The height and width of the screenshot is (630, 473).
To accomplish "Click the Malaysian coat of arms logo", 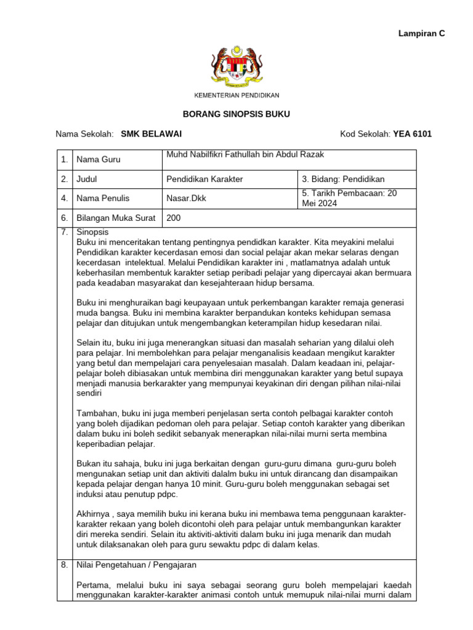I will point(236,67).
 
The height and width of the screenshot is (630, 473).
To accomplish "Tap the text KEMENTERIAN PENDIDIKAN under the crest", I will point(236,95).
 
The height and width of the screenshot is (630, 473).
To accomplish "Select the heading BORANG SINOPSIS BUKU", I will point(236,114).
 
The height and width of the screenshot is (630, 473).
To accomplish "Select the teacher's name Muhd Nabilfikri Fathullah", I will point(245,154).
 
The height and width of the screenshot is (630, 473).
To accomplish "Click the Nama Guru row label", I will point(99,160).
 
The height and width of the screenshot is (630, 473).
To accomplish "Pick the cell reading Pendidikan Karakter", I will point(205,179).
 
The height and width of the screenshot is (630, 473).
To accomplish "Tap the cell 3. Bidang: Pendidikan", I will point(343,179).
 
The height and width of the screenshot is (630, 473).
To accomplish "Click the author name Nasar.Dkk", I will point(188,199).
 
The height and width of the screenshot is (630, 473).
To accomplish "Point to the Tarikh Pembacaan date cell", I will point(350,198).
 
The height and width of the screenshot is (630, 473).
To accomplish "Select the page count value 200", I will point(174,218).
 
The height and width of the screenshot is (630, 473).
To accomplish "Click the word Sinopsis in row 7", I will point(92,233).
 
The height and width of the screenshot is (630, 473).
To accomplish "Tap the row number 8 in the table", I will point(64,564).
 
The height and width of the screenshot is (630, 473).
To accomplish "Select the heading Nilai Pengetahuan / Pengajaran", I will point(136,564).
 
